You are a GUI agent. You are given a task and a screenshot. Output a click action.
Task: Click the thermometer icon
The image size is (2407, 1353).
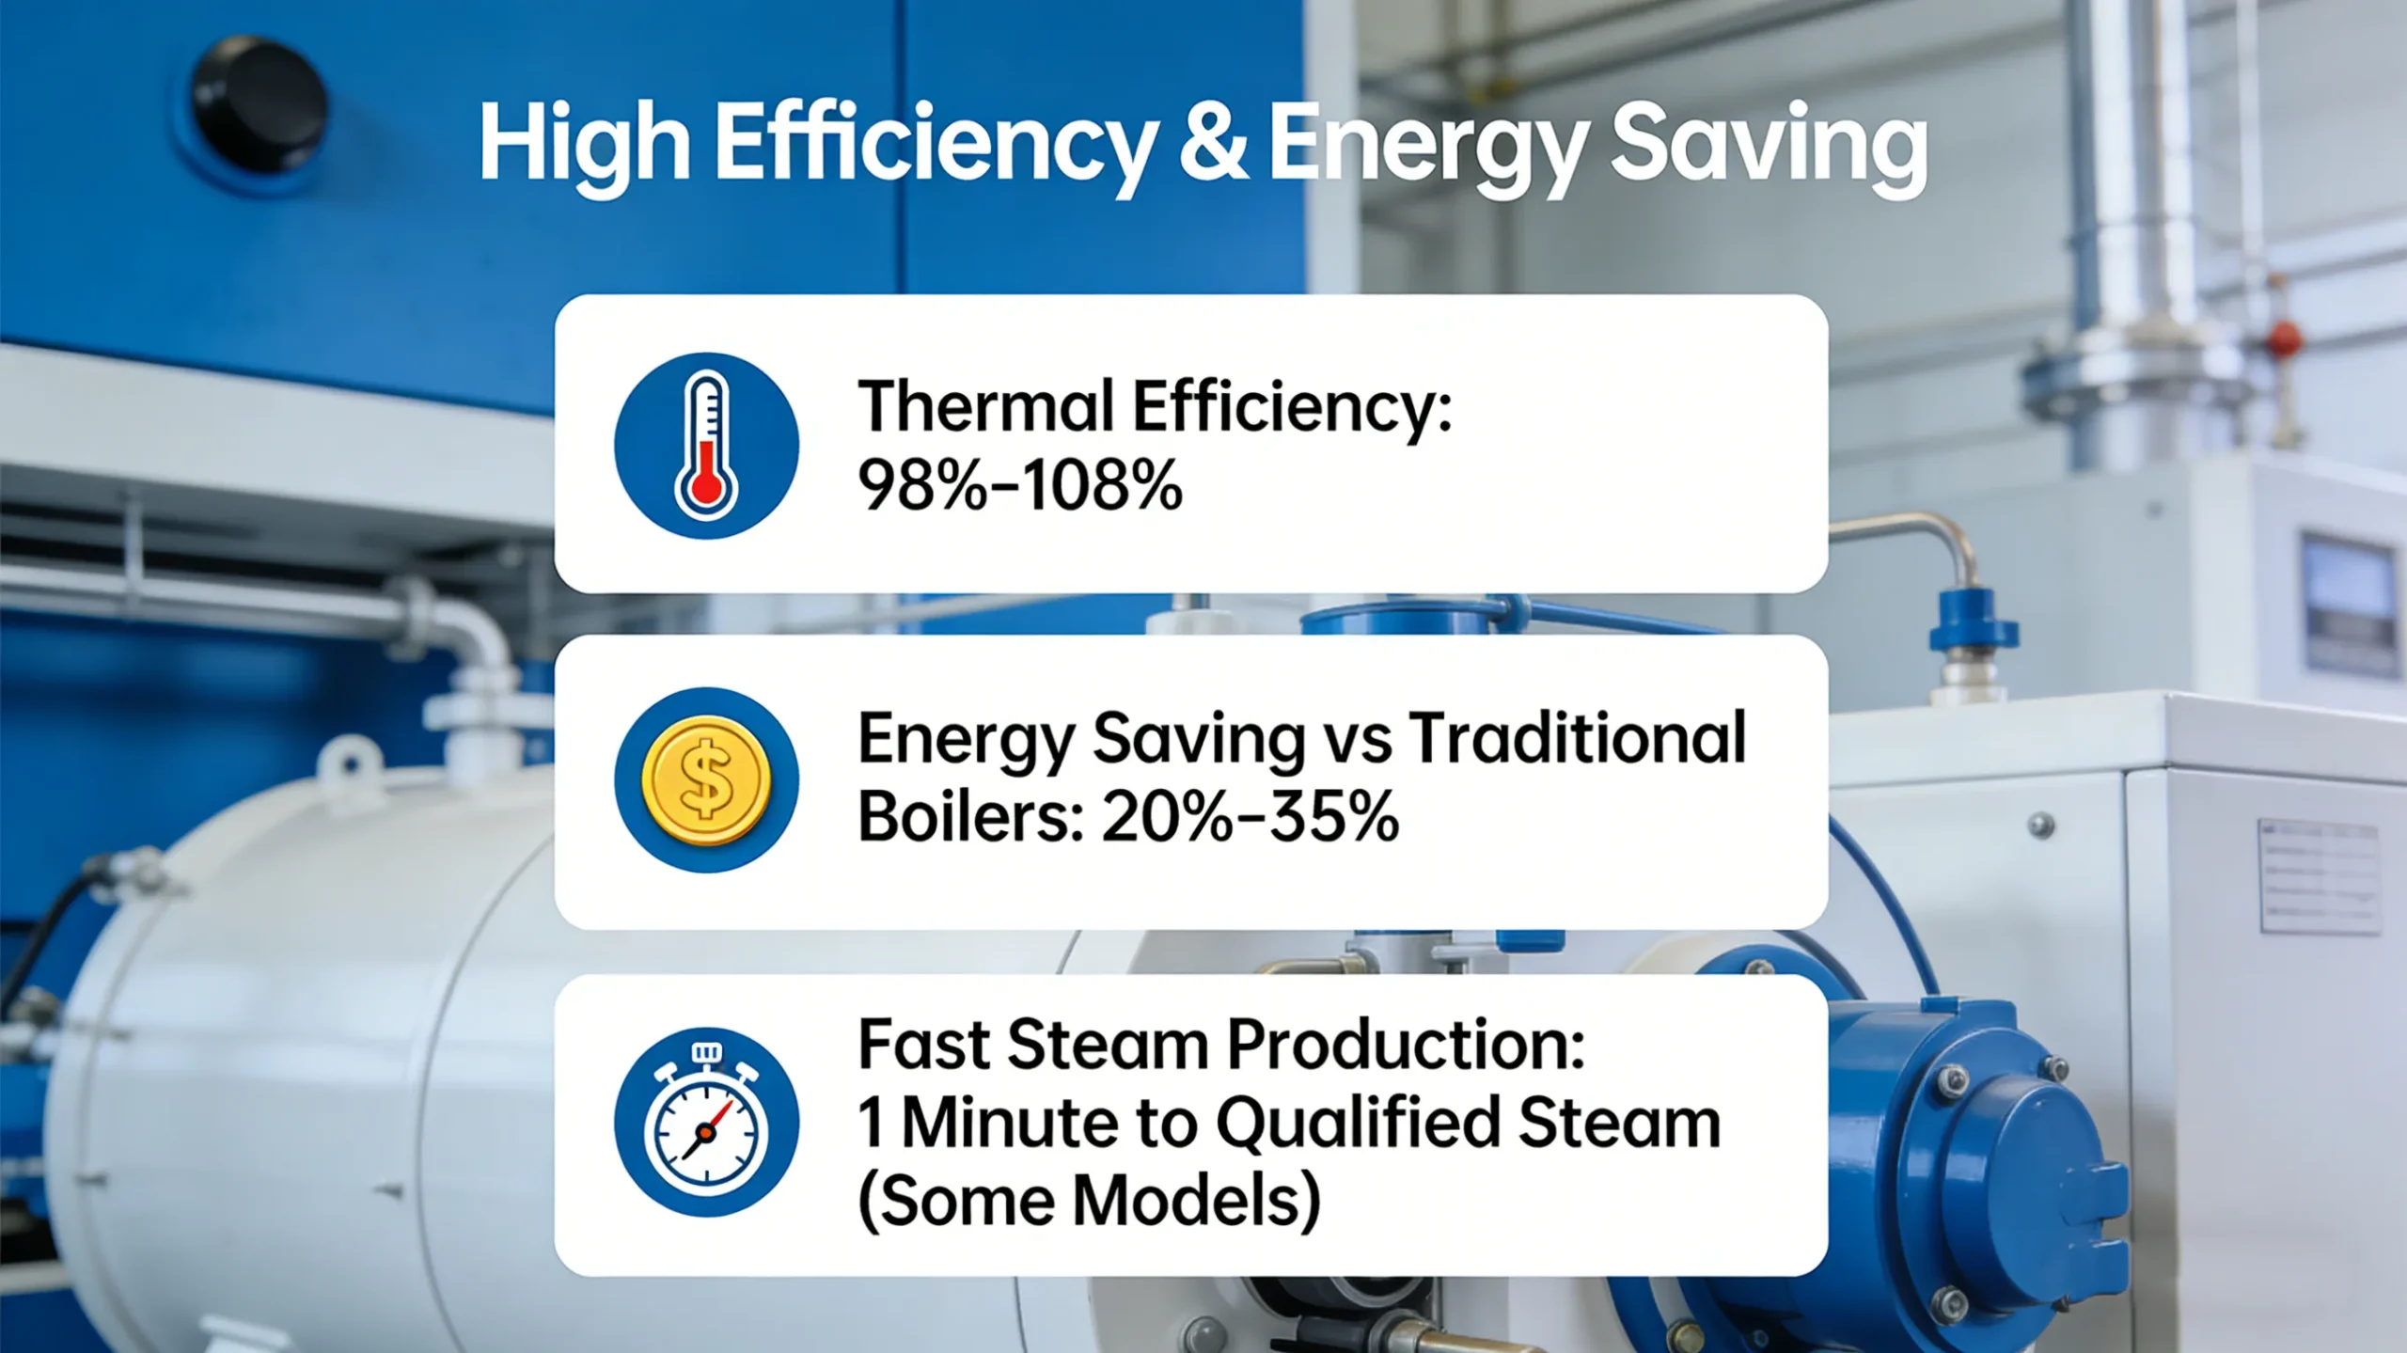706,445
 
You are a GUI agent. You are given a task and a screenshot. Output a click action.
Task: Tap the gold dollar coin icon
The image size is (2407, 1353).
706,780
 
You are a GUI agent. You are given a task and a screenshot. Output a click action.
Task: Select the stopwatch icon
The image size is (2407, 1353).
706,1123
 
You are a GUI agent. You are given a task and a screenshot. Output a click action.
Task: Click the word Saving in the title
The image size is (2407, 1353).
1768,149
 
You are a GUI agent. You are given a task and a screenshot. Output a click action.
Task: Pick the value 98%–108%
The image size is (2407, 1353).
1020,487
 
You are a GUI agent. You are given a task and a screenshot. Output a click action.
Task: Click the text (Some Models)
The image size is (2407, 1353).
1089,1201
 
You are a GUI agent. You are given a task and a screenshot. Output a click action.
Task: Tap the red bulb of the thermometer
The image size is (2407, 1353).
706,487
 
